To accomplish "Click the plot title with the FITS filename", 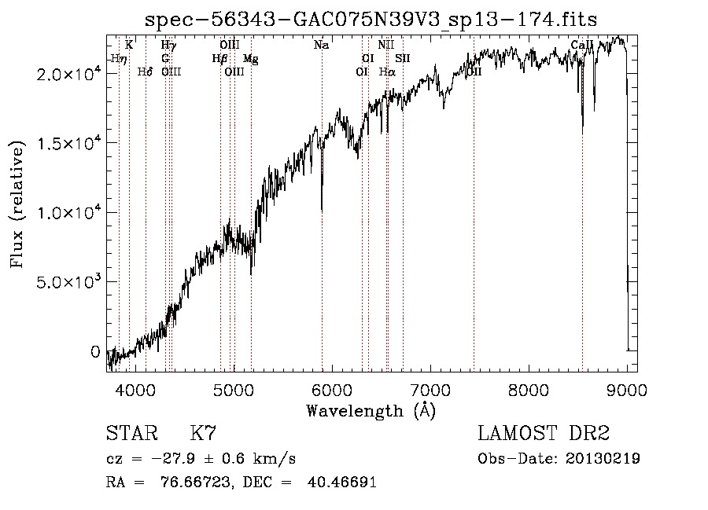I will coord(372,20).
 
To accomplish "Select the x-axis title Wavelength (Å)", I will coord(371,410).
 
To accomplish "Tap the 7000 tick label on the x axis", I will coord(430,390).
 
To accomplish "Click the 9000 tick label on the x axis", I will coord(627,390).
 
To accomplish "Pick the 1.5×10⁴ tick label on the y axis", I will coord(68,143).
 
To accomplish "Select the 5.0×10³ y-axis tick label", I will coord(68,282).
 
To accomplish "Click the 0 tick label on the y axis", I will coord(96,352).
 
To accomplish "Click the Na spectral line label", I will coord(321,46).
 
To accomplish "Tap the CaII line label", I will coord(582,46).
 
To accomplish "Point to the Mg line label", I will coord(250,59).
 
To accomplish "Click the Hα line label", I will coord(386,72).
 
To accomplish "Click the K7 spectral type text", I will coord(203,434).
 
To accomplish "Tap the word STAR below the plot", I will coord(130,434).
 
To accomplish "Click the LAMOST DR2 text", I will coord(544,434).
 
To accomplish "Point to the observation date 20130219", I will coord(603,459).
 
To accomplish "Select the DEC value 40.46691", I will coord(344,482).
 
